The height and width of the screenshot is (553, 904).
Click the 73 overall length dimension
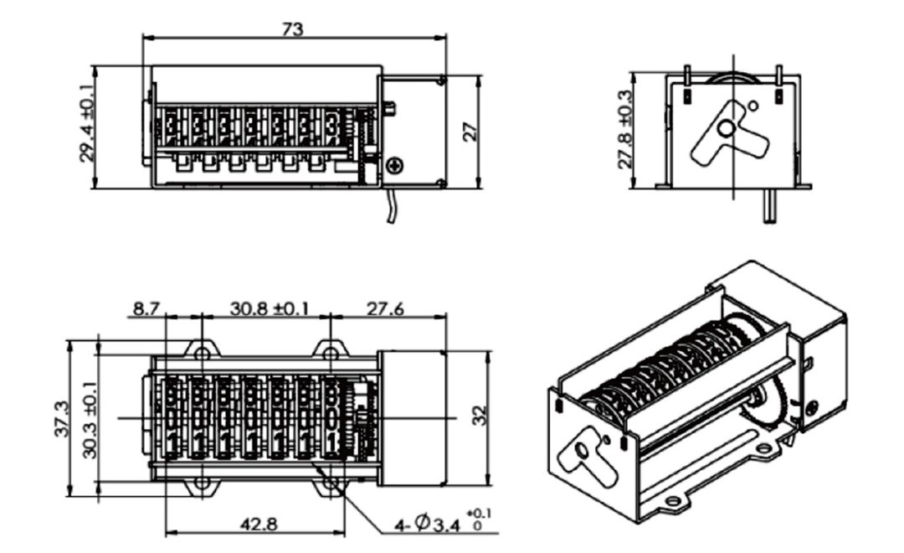pos(292,28)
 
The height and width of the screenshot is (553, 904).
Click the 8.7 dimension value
pos(146,308)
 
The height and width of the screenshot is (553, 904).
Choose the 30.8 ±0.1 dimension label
pos(269,308)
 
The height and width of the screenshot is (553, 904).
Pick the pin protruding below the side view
pos(770,208)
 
